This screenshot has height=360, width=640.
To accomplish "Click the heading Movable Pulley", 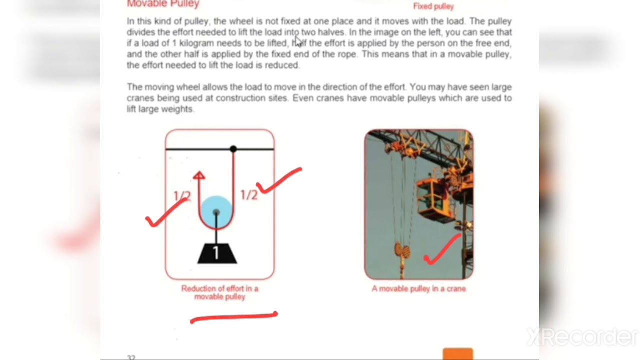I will pos(163,4).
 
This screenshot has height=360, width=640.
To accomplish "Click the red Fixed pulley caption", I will pos(433,7).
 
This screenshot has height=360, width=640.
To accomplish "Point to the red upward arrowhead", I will pos(199,175).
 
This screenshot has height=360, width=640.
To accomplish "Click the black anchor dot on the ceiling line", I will pos(233,149).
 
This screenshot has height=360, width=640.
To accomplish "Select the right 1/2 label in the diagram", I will pos(249,195).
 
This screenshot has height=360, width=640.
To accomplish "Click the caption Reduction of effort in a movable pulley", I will pos(220,292).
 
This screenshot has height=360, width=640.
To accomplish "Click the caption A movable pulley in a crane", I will pos(419,288).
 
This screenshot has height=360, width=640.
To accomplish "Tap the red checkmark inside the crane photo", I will pos(442,250).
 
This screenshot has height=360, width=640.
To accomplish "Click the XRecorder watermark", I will pos(582,337).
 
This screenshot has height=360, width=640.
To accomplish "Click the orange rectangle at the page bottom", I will pos(457,354).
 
